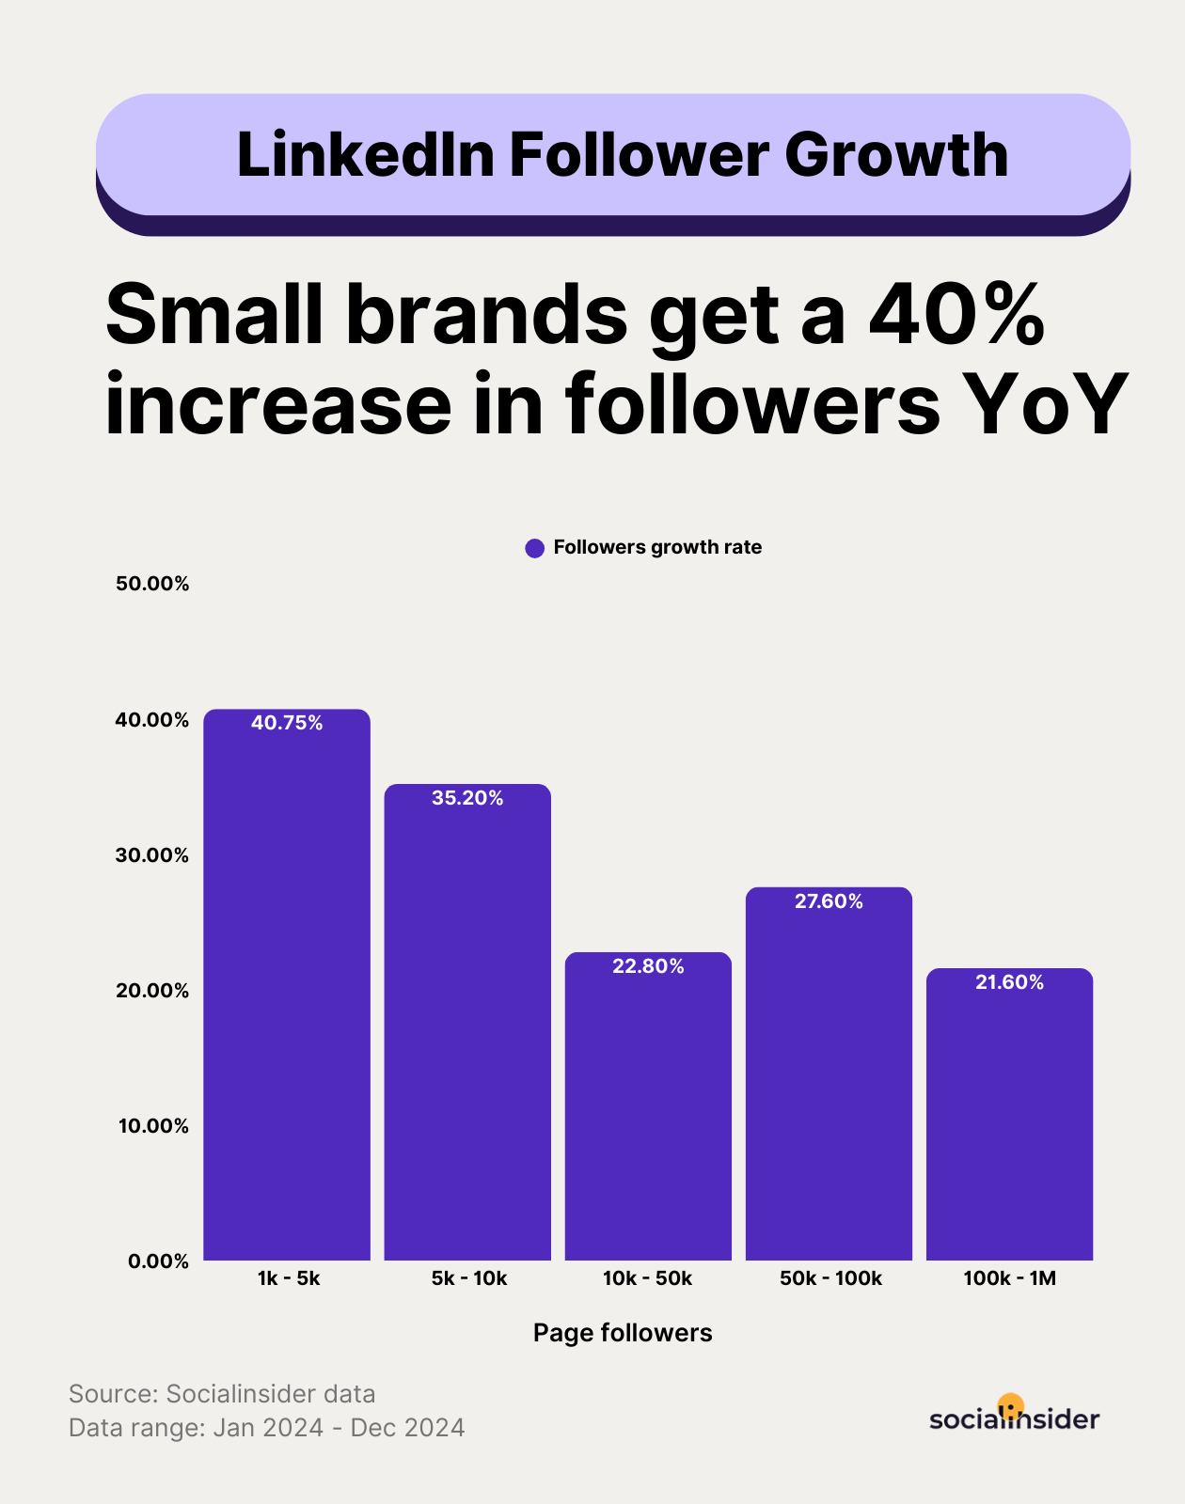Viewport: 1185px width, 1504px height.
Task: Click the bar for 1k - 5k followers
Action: (287, 987)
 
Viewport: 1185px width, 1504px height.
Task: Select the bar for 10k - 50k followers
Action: (648, 1109)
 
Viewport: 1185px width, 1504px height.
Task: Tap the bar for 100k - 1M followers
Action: (1009, 1119)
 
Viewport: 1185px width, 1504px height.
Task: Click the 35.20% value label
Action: (467, 798)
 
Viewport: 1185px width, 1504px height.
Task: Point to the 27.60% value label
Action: (829, 901)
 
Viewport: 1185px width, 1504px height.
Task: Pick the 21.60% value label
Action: (1009, 982)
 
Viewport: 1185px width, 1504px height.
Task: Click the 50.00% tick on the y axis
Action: (152, 584)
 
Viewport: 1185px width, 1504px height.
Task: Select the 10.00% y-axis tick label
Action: (152, 1126)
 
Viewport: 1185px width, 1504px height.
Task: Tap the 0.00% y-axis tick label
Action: (158, 1261)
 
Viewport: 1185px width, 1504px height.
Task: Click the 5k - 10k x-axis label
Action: (469, 1278)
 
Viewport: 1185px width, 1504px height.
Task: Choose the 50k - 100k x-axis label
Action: (830, 1278)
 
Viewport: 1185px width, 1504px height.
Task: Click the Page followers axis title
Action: (623, 1333)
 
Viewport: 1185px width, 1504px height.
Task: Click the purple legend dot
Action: (535, 548)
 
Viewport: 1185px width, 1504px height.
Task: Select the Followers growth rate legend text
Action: (657, 547)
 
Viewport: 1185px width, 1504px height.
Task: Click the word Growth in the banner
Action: (896, 155)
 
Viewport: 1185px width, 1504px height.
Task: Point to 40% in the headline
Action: (956, 314)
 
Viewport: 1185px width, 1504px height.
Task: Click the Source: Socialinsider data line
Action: (222, 1394)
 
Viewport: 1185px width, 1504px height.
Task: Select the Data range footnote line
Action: (267, 1428)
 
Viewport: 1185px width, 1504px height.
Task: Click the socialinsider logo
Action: (1014, 1417)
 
